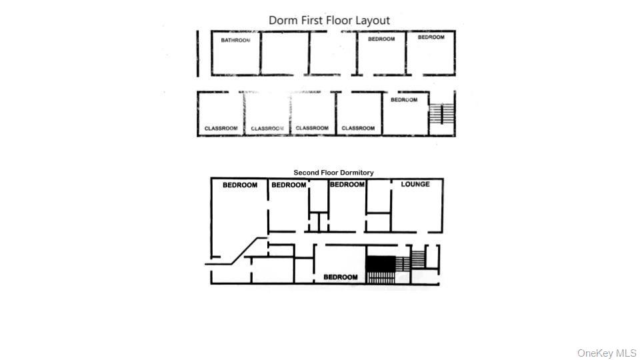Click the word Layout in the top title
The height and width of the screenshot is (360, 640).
coord(372,21)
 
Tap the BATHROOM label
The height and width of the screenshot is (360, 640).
coord(236,40)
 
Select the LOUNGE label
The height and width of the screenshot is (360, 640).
coord(415,185)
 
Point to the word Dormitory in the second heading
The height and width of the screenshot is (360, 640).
coord(356,173)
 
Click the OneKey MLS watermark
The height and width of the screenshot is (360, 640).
coord(607,353)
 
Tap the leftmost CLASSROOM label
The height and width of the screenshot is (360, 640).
coord(221,128)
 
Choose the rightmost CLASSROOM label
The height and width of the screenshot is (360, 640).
coord(358,128)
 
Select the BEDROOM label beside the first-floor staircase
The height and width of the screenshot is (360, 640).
coord(404,100)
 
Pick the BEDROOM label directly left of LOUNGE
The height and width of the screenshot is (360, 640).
coord(347,185)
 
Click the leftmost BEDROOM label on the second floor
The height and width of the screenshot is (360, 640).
coord(240,185)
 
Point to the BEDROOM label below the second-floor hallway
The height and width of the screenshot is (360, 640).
coord(341,277)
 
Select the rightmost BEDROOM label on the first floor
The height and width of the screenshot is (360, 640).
coord(431,37)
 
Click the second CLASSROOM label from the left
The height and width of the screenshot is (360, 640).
coord(267,128)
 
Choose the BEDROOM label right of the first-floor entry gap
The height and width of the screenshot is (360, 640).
coord(381,39)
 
